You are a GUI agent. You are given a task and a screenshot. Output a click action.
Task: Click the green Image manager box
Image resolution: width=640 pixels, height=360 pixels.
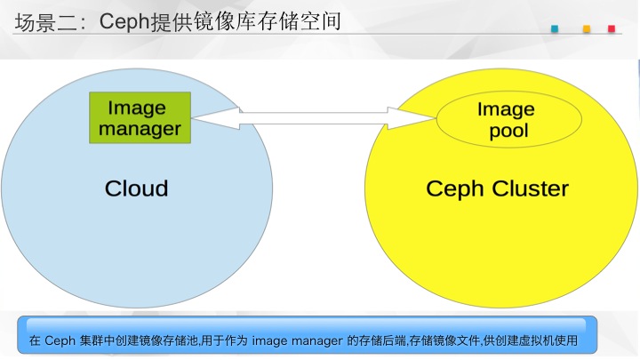pos(140,117)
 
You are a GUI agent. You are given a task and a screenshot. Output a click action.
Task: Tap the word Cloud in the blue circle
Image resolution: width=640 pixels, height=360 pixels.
pos(136,188)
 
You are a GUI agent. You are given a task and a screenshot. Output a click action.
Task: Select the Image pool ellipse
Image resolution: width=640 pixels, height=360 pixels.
pos(509,119)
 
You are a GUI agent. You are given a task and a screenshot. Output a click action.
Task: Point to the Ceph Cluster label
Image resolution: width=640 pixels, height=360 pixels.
pos(497,189)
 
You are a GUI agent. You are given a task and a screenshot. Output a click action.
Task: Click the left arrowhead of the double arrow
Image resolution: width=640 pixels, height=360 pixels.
pos(215,118)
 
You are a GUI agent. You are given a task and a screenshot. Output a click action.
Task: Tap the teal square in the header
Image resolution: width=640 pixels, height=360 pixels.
pos(555,28)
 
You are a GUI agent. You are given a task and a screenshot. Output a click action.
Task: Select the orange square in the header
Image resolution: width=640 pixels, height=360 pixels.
pos(587,28)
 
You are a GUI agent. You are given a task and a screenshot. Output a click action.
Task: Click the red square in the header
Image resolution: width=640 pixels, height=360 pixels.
pos(612,28)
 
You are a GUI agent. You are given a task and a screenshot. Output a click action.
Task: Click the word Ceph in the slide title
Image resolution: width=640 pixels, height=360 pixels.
pos(125,21)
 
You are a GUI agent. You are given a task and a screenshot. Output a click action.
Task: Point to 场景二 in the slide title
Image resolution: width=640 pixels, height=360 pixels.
pos(45,22)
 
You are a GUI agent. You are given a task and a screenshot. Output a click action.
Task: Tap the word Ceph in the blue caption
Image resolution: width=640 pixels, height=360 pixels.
pos(60,340)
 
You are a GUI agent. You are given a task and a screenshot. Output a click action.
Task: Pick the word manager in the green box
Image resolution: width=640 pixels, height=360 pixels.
pos(140,130)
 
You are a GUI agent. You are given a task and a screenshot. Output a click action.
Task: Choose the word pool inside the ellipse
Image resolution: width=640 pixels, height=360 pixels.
pos(509,131)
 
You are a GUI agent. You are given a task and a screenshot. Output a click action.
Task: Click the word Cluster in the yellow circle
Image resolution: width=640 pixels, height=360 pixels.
pos(530,189)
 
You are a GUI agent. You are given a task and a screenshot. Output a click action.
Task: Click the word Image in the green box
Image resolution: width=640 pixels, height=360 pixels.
pos(137,108)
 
